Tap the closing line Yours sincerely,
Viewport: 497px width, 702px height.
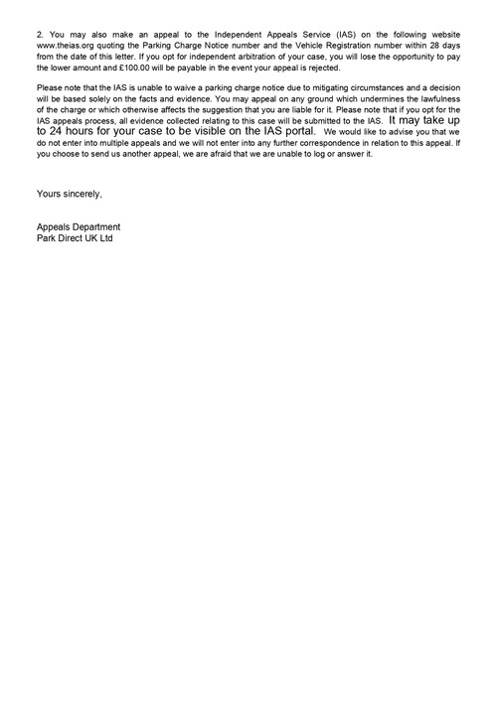69,193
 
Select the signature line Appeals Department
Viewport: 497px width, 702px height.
80,227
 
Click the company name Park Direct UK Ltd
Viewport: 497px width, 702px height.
75,239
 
